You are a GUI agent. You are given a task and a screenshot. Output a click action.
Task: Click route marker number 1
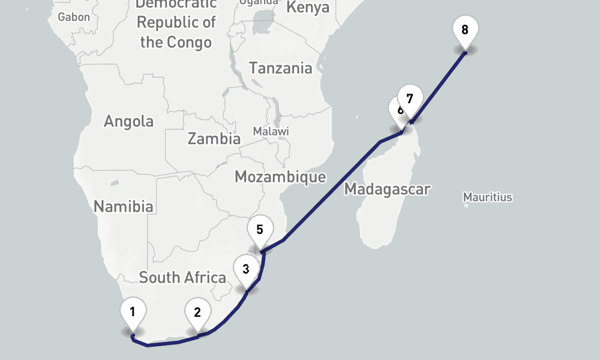[x=133, y=311]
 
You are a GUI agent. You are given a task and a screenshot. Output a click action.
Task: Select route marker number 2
[x=197, y=311]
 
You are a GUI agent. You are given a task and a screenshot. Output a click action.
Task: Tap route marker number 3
[x=246, y=268]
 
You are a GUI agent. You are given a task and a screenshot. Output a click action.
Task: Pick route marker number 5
[x=260, y=229]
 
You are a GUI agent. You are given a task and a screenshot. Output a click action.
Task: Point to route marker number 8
[x=465, y=29]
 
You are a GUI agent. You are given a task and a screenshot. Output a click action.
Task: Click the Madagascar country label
[x=387, y=190]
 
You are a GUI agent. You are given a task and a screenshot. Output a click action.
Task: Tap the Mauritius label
[x=488, y=197]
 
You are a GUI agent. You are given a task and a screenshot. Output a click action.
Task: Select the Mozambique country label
[x=280, y=177]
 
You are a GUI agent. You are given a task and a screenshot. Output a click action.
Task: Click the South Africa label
[x=182, y=278]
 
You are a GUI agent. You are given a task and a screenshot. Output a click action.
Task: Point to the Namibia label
[x=123, y=206]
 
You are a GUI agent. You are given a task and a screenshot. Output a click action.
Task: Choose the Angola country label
[x=128, y=121]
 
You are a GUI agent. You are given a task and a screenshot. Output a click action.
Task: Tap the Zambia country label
[x=214, y=139]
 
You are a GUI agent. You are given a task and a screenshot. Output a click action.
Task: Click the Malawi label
[x=271, y=131]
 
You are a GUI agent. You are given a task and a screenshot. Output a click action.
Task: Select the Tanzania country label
[x=281, y=68]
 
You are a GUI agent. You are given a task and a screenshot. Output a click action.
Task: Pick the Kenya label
[x=308, y=8]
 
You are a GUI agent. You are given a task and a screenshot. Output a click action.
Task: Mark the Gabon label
[x=74, y=17]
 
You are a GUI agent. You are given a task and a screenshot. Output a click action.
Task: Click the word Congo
[x=190, y=42]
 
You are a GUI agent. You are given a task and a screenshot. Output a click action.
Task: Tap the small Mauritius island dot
[x=466, y=205]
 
